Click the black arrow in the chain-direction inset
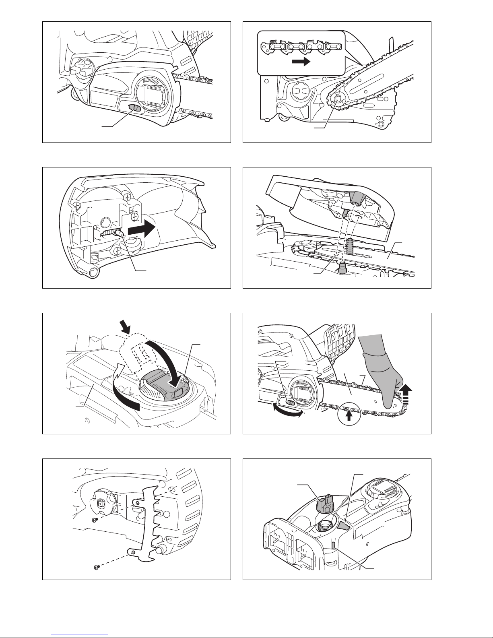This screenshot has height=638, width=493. coord(301,62)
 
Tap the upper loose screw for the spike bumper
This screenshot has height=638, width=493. coord(94,520)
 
